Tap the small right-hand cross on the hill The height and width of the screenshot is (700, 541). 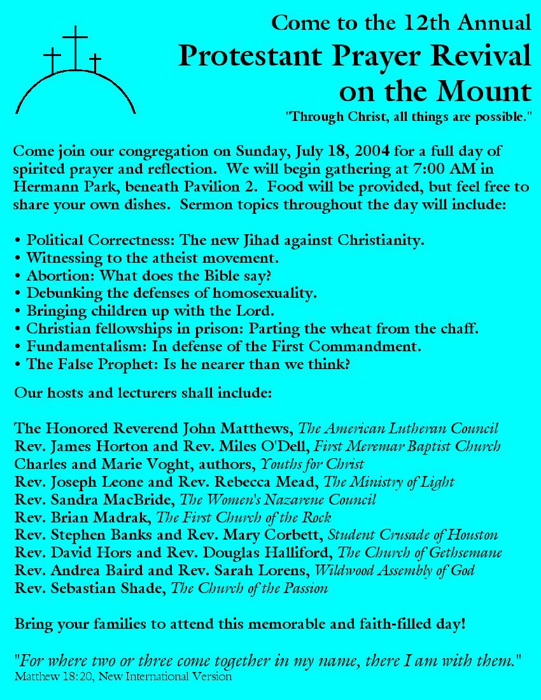point(95,63)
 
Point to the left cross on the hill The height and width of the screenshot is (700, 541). point(52,61)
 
